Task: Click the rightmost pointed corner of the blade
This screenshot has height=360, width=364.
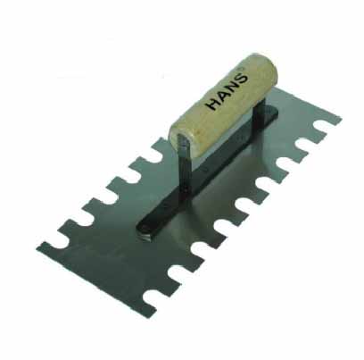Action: coord(341,118)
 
